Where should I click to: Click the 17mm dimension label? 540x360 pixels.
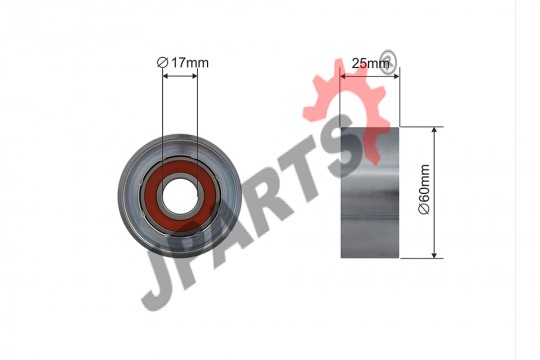click(x=190, y=63)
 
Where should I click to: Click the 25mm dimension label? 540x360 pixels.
click(x=371, y=63)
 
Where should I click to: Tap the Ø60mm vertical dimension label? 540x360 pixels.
click(x=424, y=189)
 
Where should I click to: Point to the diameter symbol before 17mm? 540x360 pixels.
click(x=162, y=63)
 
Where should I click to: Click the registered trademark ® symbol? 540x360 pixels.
click(x=387, y=62)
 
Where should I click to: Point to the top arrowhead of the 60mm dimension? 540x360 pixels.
click(x=434, y=130)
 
